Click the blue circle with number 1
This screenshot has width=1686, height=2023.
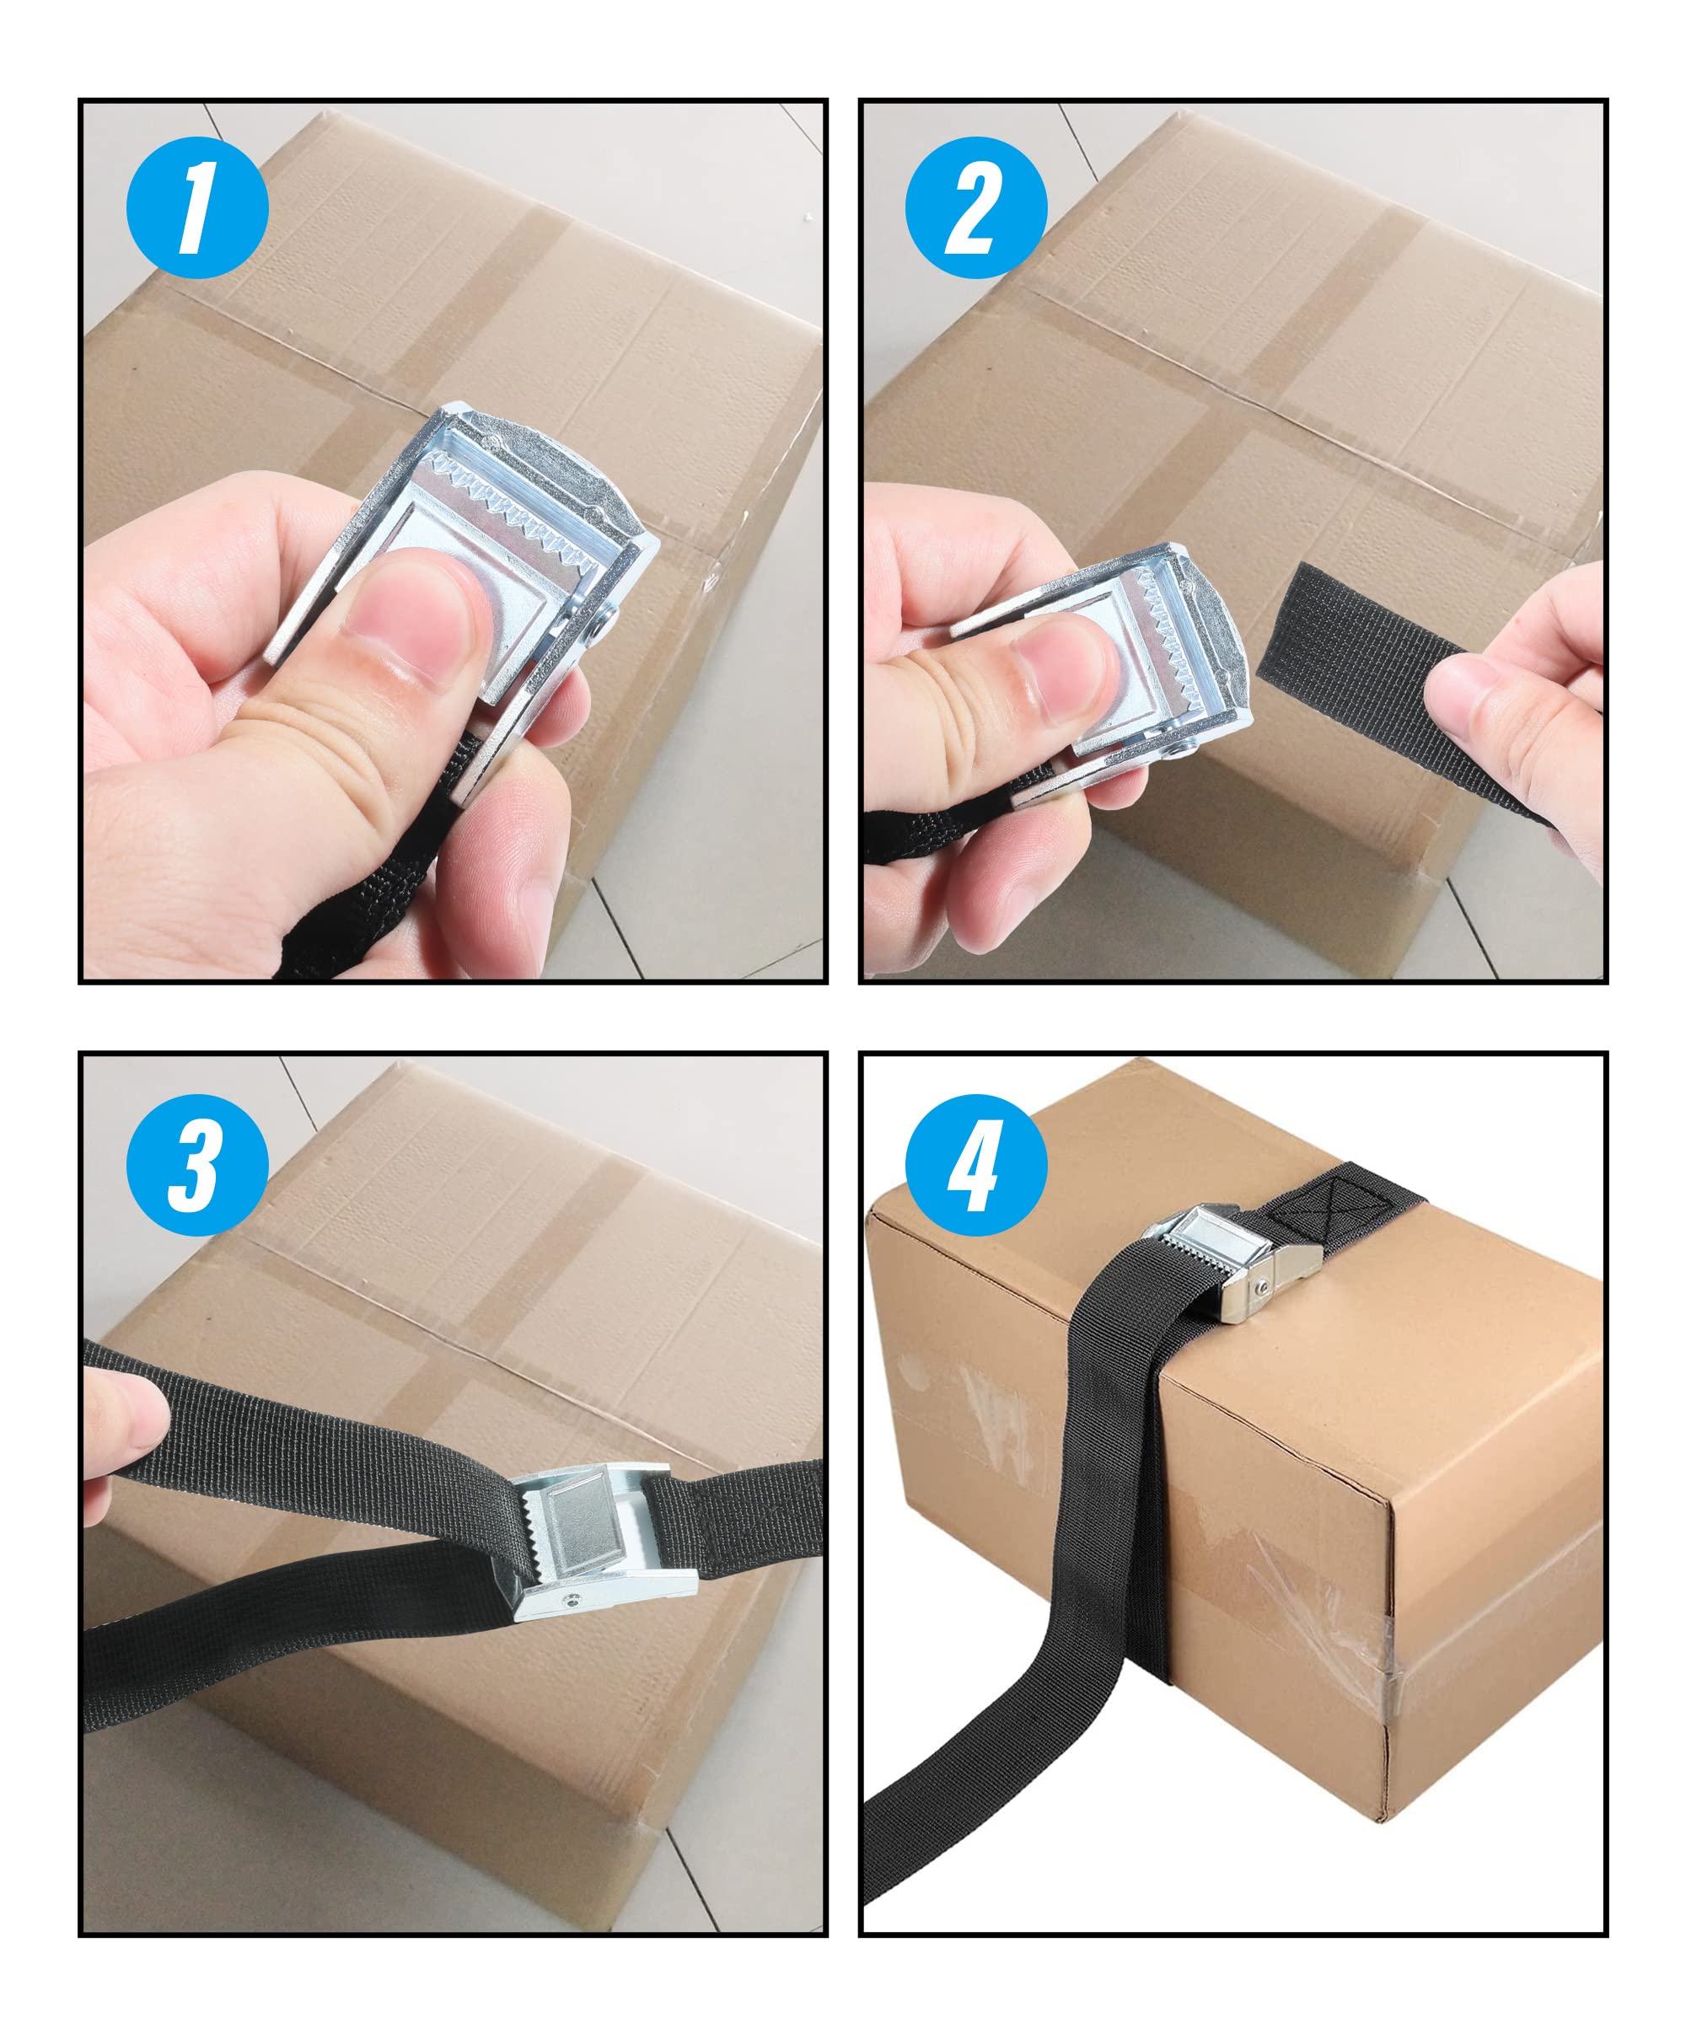196,207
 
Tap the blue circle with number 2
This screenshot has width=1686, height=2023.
976,207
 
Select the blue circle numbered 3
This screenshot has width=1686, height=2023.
196,1166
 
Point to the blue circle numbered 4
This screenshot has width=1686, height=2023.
976,1166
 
